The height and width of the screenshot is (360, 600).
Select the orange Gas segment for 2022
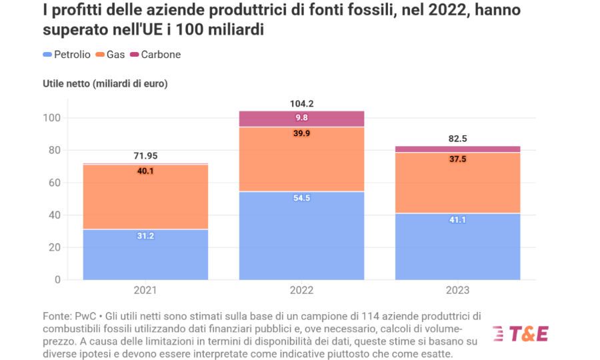pos(301,160)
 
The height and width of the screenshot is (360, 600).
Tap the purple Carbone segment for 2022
pos(301,119)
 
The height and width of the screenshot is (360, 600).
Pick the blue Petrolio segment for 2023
pos(457,247)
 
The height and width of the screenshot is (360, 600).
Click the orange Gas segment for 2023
pos(457,183)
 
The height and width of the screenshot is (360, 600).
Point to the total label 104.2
pos(301,103)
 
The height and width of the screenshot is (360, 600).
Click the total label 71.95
pos(145,156)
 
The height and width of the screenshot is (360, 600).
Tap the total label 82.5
pos(457,139)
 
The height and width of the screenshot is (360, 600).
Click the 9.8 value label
pos(301,118)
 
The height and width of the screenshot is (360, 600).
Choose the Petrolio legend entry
pos(66,55)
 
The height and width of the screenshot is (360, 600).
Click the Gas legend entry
pos(111,55)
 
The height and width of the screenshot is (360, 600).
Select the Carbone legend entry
pos(155,55)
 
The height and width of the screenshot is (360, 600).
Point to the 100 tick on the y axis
pos(53,118)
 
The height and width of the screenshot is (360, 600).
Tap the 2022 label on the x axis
pos(301,291)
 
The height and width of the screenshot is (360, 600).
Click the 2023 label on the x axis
pos(457,291)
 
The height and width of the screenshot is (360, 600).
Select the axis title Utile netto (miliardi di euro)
pos(105,84)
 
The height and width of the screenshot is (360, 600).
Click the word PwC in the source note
pos(77,315)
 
